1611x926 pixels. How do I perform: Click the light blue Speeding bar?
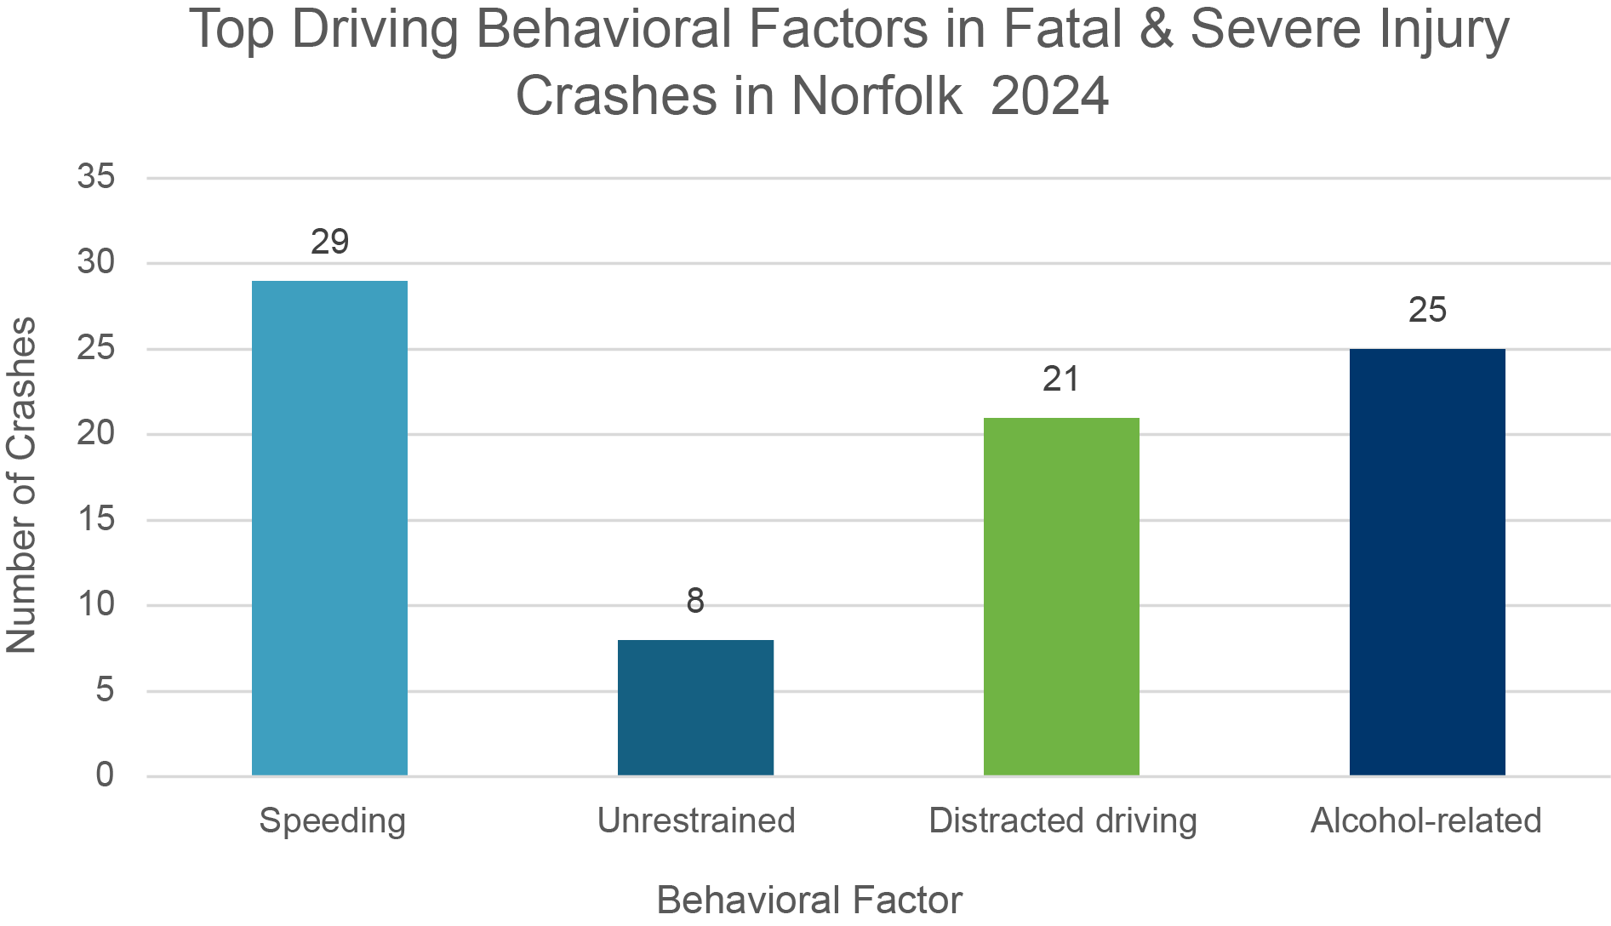pos(329,528)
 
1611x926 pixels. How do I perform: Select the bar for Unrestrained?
pos(695,707)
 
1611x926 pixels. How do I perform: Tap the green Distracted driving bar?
pos(1061,596)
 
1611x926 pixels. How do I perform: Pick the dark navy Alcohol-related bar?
pos(1427,562)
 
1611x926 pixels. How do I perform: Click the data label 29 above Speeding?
pos(329,243)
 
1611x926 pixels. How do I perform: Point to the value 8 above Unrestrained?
pos(695,602)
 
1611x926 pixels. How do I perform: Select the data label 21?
pos(1060,380)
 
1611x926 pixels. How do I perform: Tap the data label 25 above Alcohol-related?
pos(1427,311)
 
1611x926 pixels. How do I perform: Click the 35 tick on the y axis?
pos(95,177)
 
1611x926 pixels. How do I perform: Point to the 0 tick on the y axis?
pos(105,775)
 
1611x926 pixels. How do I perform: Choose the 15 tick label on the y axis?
pos(95,519)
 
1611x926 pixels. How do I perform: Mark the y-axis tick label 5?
pos(105,690)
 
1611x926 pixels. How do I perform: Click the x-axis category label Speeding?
pos(332,821)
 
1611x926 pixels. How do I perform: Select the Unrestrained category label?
pos(695,821)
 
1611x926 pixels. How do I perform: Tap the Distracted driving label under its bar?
pos(1063,821)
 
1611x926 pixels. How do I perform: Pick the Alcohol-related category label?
pos(1425,821)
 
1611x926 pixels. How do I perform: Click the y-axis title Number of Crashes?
pos(22,485)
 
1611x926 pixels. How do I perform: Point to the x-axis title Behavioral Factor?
pos(809,900)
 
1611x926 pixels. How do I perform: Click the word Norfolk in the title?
pos(877,96)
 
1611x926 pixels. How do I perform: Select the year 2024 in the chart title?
pos(1049,96)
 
